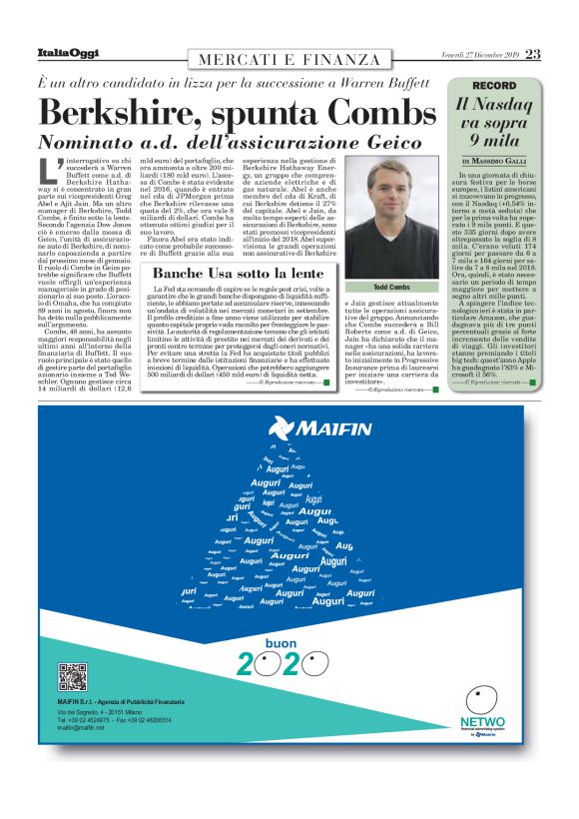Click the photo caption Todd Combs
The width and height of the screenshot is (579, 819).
(x=384, y=287)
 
